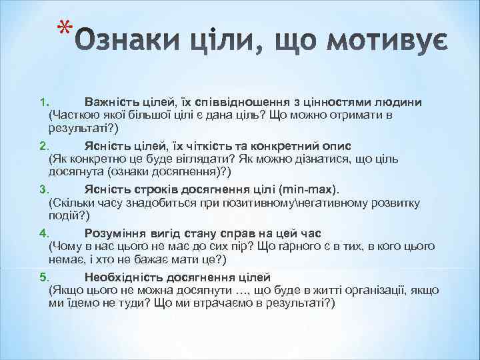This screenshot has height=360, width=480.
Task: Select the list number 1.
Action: pos(42,102)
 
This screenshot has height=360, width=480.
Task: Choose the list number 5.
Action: pos(42,277)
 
